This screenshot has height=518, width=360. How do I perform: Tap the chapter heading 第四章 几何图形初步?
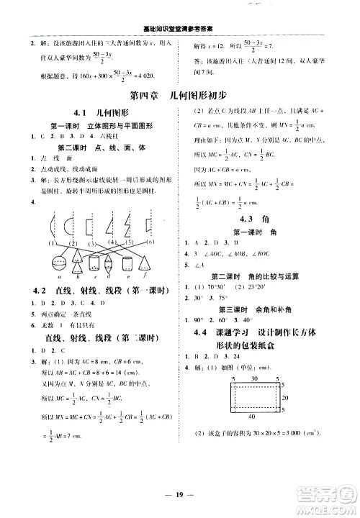click(x=180, y=95)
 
